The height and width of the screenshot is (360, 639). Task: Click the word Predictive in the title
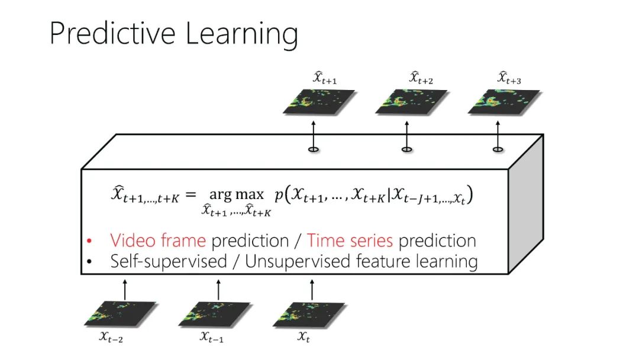[x=112, y=33]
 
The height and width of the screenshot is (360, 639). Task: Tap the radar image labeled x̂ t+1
[x=319, y=102]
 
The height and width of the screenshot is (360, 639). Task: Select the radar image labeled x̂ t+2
[x=411, y=102]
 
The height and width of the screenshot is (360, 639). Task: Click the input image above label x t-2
[x=120, y=314]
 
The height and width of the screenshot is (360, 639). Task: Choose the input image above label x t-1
[x=214, y=314]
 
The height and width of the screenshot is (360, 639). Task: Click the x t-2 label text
[x=111, y=337]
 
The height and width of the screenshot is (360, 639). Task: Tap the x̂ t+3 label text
[x=509, y=78]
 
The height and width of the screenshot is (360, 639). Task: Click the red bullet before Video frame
[x=89, y=241]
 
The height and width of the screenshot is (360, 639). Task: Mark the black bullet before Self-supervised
[x=89, y=261]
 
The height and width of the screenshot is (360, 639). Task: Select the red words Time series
[x=350, y=240]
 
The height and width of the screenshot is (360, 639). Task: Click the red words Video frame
[x=158, y=240]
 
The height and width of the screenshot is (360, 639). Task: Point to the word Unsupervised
[x=297, y=261]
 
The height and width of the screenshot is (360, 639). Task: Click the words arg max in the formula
[x=236, y=194]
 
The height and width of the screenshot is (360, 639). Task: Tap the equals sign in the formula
[x=191, y=194]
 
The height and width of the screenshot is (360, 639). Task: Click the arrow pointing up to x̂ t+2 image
[x=406, y=135]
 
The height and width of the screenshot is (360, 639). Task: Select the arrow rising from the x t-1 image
[x=218, y=290]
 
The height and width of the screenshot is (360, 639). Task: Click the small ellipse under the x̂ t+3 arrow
[x=498, y=150]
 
